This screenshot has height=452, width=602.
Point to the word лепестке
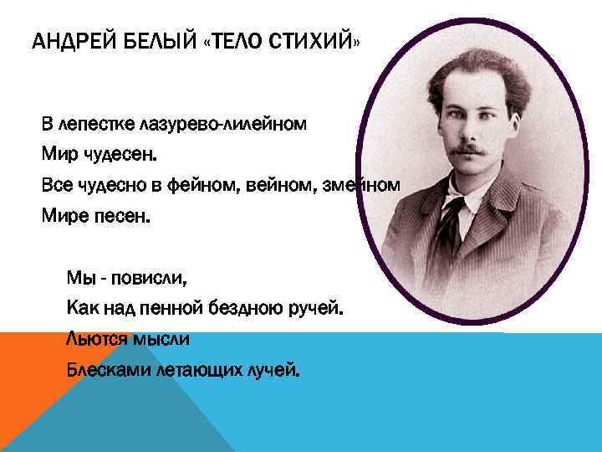coord(93,125)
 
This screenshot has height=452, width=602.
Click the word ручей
coord(315,309)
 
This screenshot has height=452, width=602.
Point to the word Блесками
coord(108,369)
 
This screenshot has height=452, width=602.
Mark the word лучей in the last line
coord(272,369)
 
